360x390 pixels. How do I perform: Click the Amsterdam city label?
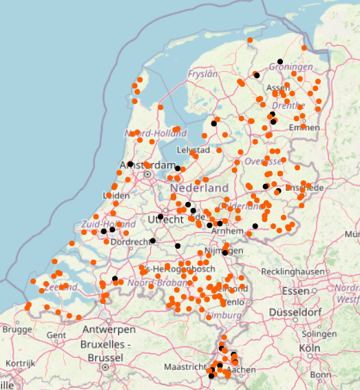(148, 166)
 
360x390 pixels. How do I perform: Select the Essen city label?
(297, 291)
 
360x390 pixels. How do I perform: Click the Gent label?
(57, 335)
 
